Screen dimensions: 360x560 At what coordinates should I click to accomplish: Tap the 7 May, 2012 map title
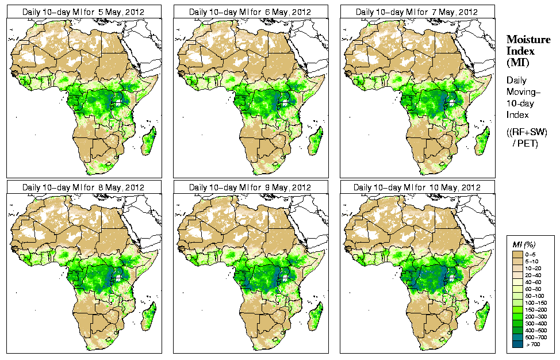coord(416,12)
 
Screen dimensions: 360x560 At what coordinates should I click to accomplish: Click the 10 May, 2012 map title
coord(416,187)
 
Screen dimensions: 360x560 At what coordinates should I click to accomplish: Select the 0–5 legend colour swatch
coord(517,254)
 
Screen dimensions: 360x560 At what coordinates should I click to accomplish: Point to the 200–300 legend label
coord(534,316)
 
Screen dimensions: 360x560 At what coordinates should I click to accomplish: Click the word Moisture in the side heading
coord(528,39)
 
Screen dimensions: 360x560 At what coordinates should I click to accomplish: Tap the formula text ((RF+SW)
coord(527,132)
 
